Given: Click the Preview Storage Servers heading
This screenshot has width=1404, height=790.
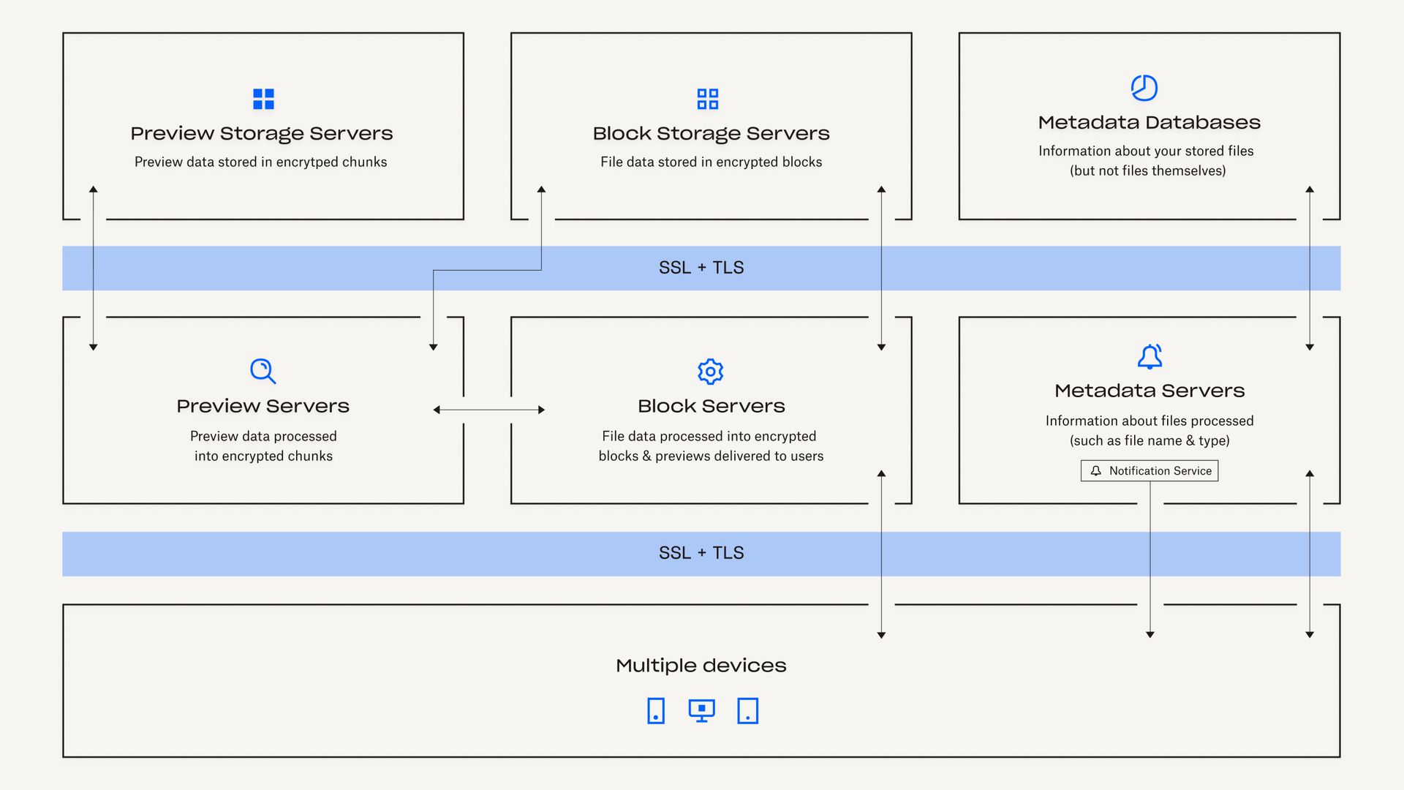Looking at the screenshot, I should (x=262, y=133).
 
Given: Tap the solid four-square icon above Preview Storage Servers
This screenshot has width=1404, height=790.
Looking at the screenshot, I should (x=263, y=99).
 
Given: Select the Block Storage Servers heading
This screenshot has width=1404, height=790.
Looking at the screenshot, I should (x=711, y=133).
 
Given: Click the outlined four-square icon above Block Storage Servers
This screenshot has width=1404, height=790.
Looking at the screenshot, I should (x=707, y=99).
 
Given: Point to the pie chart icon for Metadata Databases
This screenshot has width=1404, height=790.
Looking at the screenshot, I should (x=1144, y=88).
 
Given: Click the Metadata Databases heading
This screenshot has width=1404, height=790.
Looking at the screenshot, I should (x=1149, y=122).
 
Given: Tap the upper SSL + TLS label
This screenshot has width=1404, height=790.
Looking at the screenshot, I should (x=701, y=268).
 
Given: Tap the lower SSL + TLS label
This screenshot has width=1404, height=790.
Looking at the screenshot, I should (x=701, y=553).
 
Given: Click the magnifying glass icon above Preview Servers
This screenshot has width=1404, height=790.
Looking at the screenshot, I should (x=263, y=371).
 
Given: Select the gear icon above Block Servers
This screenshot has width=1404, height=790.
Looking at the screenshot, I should (x=710, y=372).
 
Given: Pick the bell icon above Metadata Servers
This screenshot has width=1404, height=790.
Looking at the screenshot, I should (x=1150, y=357).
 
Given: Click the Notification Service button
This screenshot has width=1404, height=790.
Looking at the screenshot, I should (x=1150, y=471).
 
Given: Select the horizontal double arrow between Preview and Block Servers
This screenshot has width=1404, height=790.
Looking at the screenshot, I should (x=488, y=410).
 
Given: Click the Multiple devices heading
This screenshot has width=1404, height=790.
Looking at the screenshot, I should (x=701, y=666).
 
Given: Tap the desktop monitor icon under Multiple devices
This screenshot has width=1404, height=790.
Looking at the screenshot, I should (x=701, y=710).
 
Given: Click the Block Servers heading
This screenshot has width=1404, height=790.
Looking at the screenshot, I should (x=711, y=406).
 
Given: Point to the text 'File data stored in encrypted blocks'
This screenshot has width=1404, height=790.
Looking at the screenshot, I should (x=711, y=162).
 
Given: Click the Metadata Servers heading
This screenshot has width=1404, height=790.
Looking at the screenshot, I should (x=1149, y=391).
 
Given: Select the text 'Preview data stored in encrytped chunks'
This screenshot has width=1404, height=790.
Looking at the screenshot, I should (x=260, y=162).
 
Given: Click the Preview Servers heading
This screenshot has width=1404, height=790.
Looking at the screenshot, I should (x=263, y=406).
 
